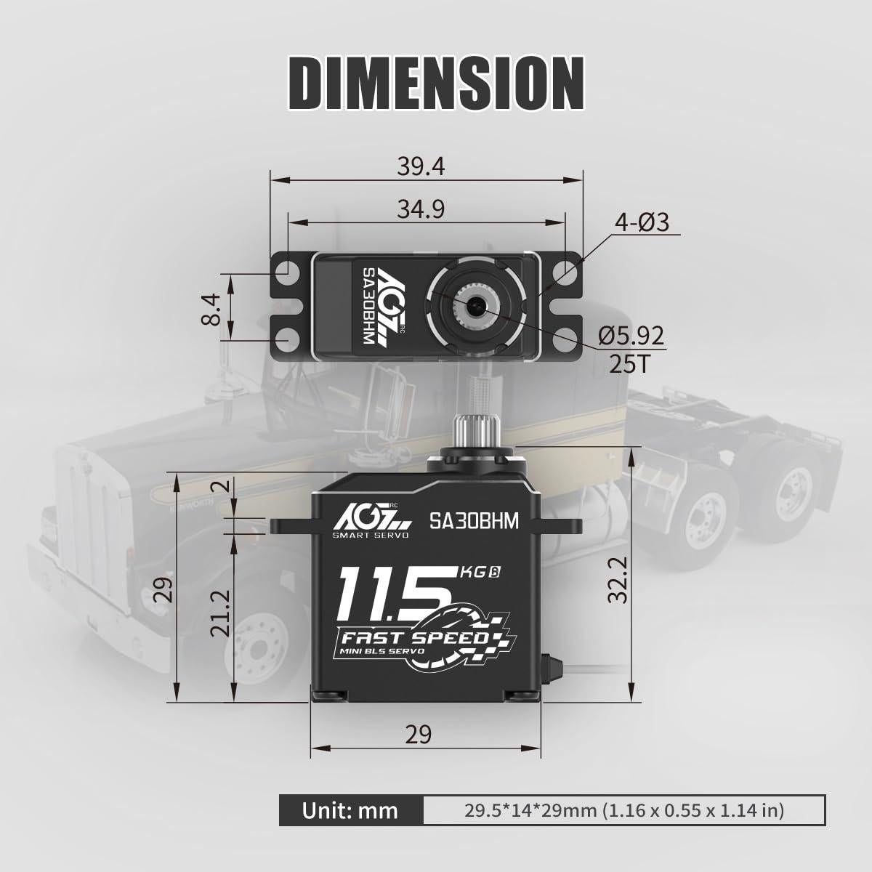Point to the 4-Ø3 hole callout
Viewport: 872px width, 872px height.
click(x=642, y=222)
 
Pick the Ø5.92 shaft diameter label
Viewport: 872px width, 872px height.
click(x=631, y=336)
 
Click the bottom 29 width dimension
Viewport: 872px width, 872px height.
click(x=419, y=734)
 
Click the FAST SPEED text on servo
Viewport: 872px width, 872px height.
click(x=411, y=638)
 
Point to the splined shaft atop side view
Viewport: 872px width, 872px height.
click(x=473, y=431)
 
